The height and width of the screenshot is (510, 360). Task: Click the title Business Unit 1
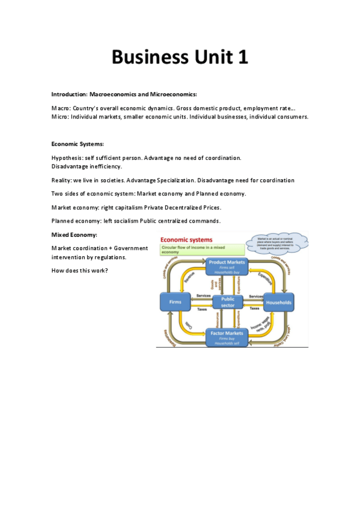(180, 58)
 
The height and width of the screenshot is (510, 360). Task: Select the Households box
(278, 302)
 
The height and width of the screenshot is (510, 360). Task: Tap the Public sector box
(228, 302)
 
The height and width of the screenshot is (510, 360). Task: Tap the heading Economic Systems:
(78, 144)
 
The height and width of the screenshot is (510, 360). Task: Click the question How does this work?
(80, 270)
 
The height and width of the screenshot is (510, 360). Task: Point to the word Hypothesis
(67, 158)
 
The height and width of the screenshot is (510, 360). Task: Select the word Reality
(61, 180)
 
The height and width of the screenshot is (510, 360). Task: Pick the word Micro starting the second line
(59, 117)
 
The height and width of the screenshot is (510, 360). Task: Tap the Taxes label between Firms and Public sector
(202, 309)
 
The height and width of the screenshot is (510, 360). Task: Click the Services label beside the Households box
(255, 296)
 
